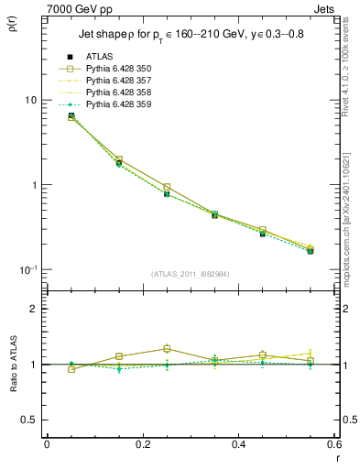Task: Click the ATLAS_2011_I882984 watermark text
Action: [x=191, y=273]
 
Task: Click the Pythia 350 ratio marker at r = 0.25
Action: [x=166, y=348]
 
